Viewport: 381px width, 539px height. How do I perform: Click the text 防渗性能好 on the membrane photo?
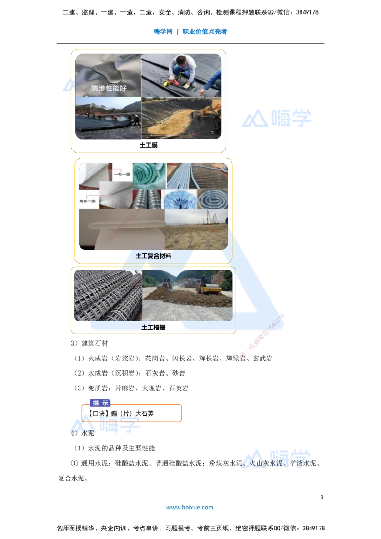[x=110, y=88]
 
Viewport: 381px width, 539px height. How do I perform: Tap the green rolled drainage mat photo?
[x=149, y=174]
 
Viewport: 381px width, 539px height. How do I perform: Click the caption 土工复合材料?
[x=153, y=256]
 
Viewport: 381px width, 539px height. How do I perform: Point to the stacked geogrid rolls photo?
[x=108, y=296]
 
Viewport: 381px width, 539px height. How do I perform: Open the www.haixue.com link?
[x=190, y=507]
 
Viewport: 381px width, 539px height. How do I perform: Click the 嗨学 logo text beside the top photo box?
[x=291, y=118]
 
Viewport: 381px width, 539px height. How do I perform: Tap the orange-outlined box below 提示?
[x=132, y=413]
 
